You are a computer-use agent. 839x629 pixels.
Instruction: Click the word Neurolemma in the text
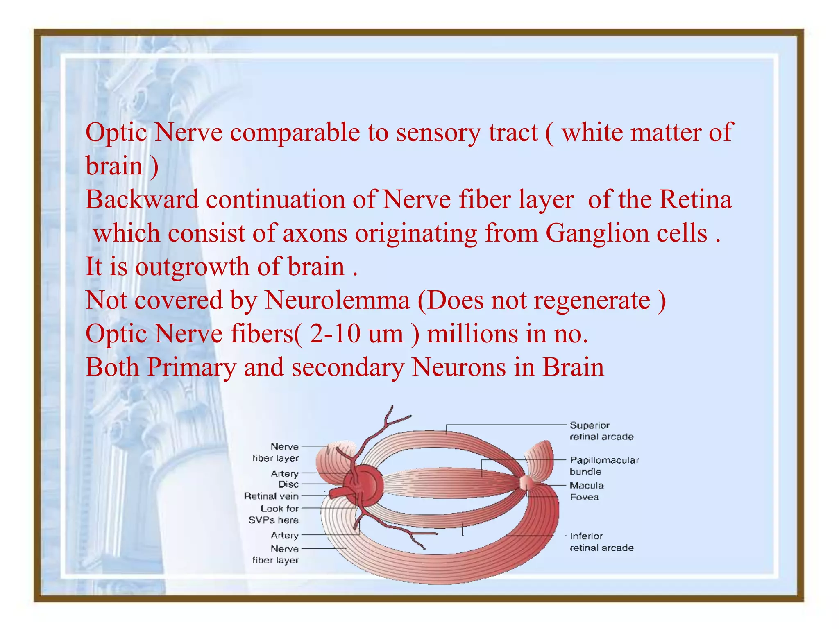(337, 300)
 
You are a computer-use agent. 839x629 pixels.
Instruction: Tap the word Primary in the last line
(192, 367)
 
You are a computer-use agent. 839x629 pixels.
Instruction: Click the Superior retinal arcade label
(601, 431)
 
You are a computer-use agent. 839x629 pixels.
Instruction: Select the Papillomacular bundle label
(604, 466)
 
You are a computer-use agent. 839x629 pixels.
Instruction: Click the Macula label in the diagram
(587, 486)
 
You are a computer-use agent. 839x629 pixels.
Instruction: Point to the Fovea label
(584, 497)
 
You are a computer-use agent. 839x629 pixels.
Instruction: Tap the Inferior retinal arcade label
(601, 542)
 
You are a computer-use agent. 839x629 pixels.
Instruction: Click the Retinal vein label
(271, 496)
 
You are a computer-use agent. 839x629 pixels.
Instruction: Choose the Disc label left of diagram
(288, 484)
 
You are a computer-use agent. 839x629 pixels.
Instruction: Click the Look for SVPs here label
(274, 514)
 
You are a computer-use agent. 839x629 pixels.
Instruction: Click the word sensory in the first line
(438, 133)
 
